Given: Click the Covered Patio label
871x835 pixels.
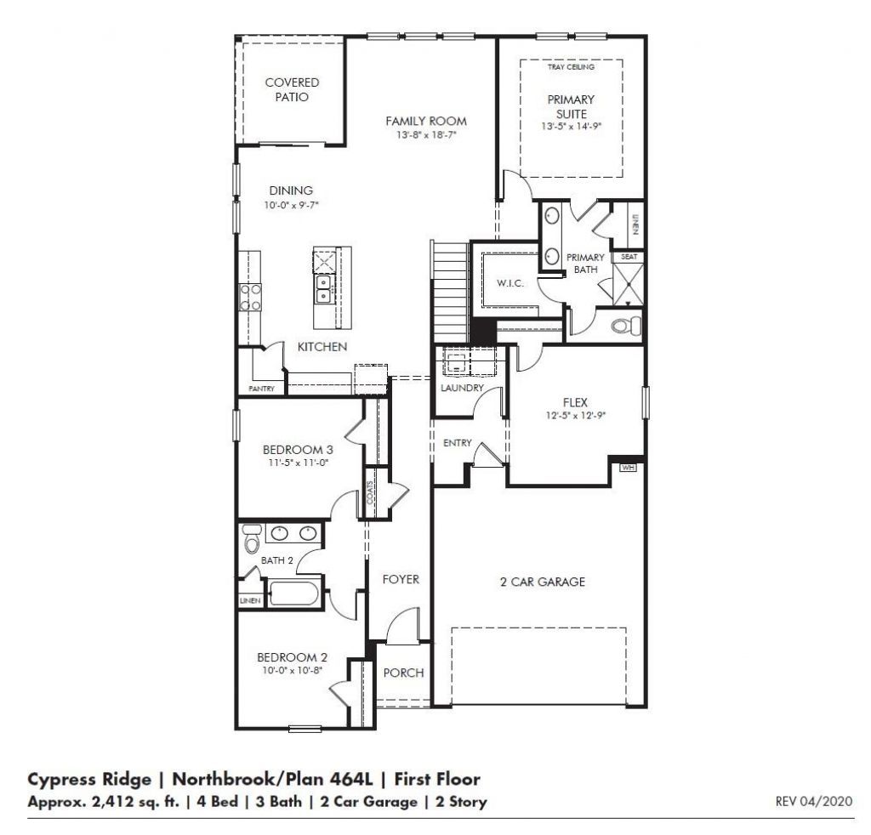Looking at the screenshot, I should click(292, 90).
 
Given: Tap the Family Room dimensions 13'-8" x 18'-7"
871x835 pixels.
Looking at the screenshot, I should click(425, 135).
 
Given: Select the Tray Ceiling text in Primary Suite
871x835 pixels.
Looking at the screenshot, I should click(571, 66).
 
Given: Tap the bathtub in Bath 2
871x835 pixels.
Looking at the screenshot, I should click(294, 592).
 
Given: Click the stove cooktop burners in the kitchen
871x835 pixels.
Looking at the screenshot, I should click(251, 298).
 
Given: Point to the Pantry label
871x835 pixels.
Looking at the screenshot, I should click(261, 389).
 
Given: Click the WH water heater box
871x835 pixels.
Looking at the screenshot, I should click(629, 467).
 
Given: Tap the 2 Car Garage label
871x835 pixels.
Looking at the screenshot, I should click(542, 582).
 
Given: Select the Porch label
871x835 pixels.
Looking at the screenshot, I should click(403, 673).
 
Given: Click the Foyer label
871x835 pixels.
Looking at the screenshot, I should click(400, 579).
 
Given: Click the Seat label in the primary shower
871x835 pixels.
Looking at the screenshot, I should click(629, 256).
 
